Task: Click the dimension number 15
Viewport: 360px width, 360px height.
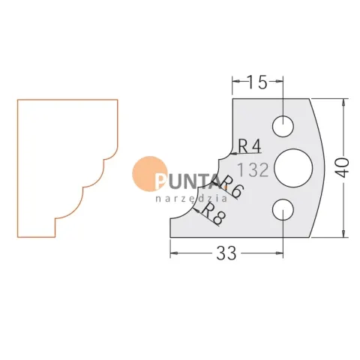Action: coord(257,82)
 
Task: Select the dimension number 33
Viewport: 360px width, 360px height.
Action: coord(226,253)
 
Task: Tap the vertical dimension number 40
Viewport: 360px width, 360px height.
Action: coord(344,168)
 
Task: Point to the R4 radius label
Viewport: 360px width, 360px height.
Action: coord(250,146)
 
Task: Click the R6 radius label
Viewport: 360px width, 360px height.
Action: coord(230,187)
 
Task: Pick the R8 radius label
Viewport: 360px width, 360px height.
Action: coord(213,213)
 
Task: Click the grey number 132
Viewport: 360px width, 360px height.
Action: coord(253,169)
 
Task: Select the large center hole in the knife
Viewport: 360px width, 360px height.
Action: coord(293,168)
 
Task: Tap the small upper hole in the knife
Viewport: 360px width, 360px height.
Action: coord(283,126)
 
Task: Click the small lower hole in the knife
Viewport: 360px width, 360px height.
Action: coord(283,209)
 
